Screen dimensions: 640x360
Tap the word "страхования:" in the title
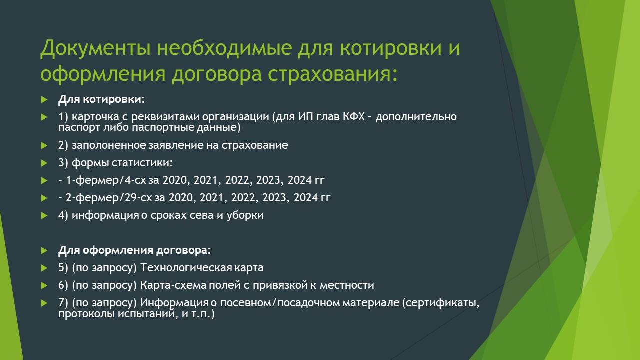[332, 74]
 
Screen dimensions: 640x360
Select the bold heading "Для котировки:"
[101, 99]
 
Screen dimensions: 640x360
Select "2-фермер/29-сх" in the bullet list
[109, 198]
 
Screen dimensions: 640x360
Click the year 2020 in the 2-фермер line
[181, 198]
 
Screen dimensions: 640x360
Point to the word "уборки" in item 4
[245, 215]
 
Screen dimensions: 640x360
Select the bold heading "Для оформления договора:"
[134, 250]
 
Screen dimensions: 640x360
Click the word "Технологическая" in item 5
[186, 268]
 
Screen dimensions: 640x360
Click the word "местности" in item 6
[347, 285]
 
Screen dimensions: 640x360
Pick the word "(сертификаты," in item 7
[441, 303]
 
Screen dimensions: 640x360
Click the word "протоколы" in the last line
[86, 314]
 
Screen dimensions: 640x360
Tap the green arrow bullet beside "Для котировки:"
[44, 99]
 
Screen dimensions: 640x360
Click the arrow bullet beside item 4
[44, 215]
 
